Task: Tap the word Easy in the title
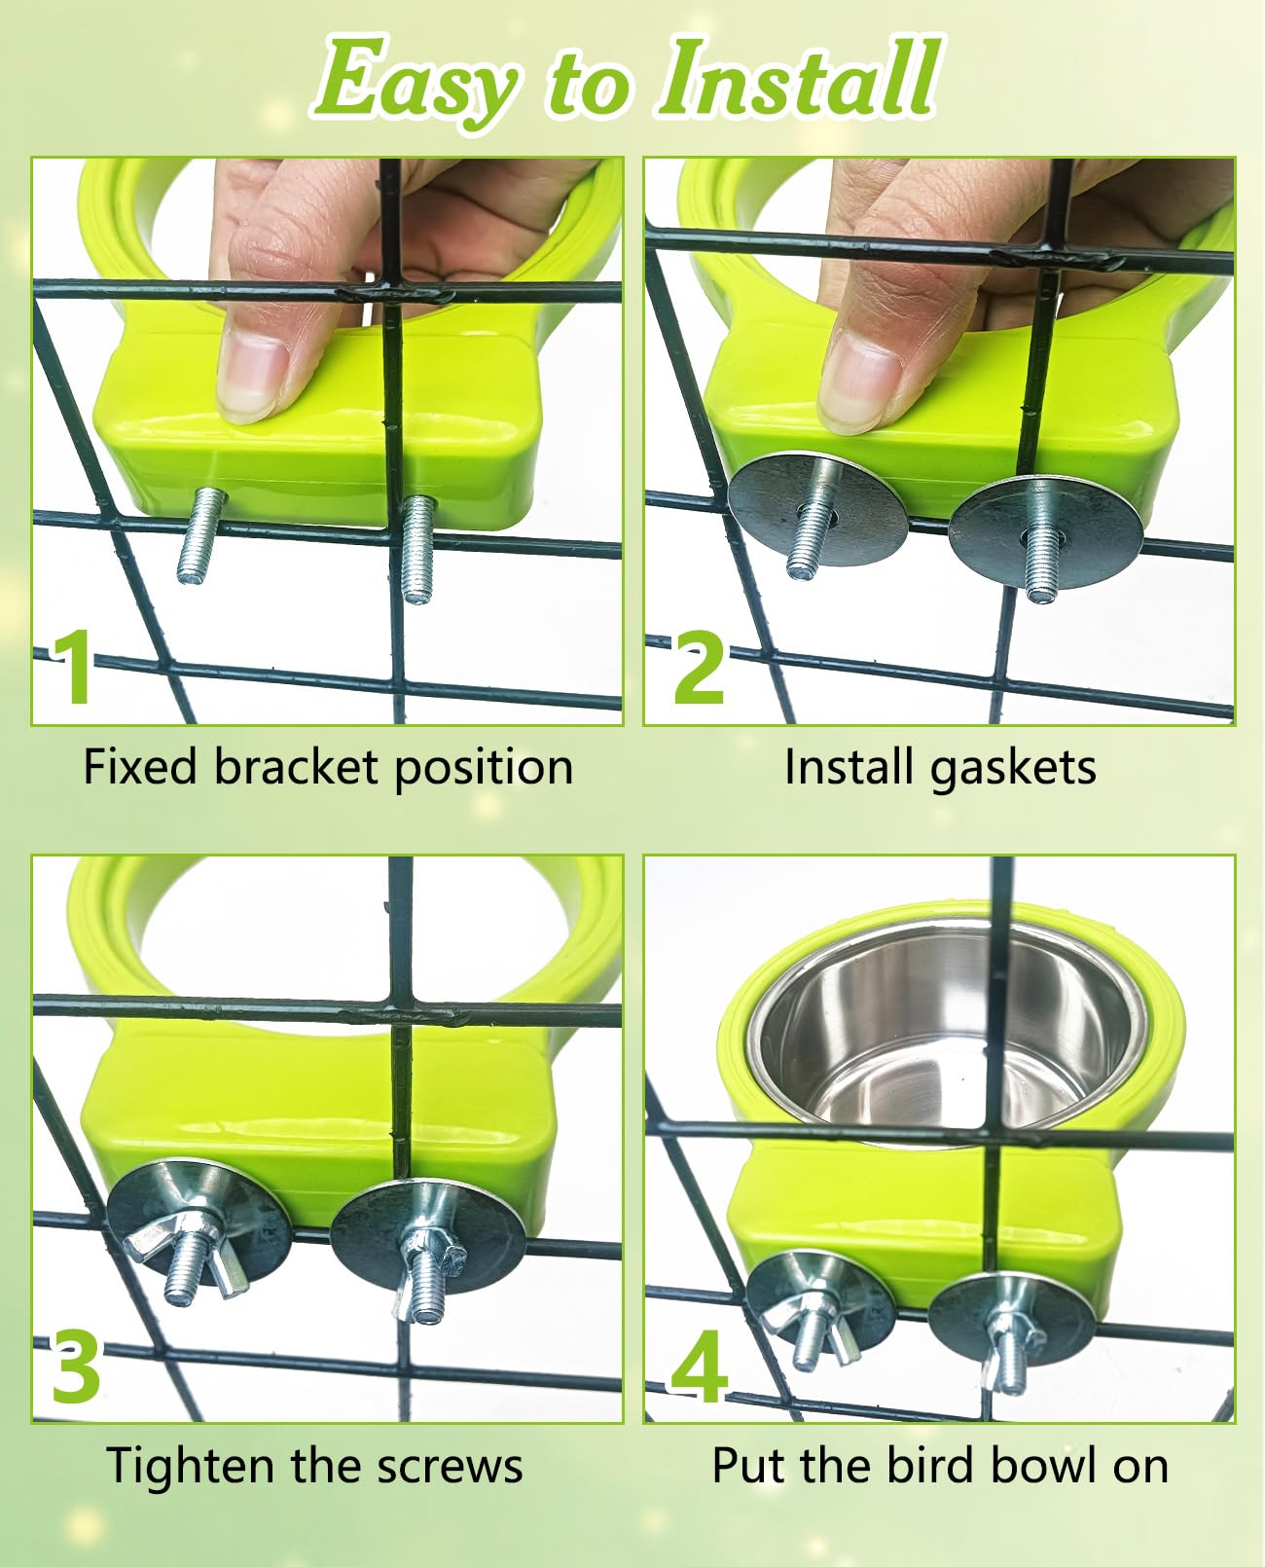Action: [416, 85]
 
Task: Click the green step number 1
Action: [74, 668]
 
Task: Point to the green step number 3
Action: [75, 1369]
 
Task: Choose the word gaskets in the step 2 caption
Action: [1013, 770]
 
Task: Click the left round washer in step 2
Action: [817, 509]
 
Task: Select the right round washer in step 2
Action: [1046, 531]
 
